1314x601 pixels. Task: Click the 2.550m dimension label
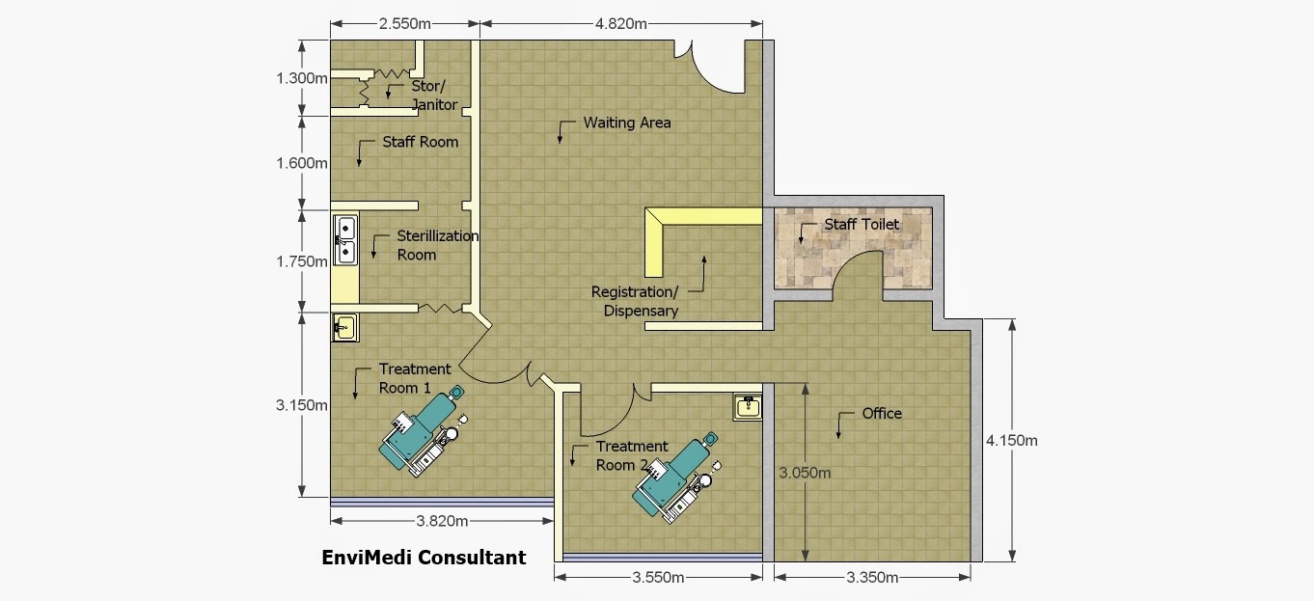pos(405,23)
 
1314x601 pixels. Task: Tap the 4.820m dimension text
pos(621,23)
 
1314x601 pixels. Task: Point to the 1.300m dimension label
pos(302,78)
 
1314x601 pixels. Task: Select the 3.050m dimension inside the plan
pos(805,473)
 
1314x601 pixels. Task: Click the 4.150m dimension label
pos(1011,440)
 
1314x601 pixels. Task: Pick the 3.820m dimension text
pos(442,521)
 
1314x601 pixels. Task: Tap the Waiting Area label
pos(626,123)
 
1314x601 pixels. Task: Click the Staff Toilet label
pos(862,224)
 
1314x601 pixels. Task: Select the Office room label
pos(882,414)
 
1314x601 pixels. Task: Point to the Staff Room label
pos(420,142)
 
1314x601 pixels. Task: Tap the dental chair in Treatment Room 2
pos(676,478)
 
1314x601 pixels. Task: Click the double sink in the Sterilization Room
pos(345,239)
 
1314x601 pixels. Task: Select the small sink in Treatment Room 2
pos(748,407)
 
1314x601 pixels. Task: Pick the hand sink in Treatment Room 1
pos(345,327)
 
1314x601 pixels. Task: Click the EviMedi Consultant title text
pos(424,557)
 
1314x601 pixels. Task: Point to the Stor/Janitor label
pos(434,95)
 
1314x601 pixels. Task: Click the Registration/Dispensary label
pos(635,301)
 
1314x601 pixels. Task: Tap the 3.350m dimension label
pos(872,578)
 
